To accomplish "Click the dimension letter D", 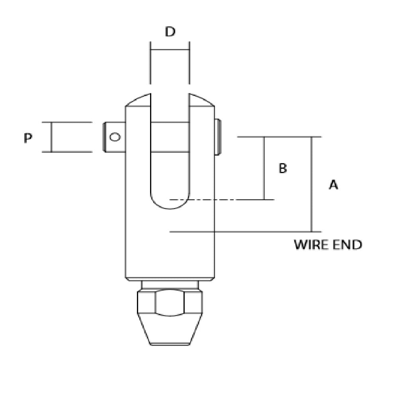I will coord(170,32).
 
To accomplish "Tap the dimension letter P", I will coord(27,138).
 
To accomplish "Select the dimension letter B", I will coord(283,168).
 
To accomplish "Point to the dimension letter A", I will coord(334,185).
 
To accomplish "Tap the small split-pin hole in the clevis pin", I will coord(115,137).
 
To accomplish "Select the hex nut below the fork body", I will coord(170,302).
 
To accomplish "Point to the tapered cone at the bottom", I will coord(170,330).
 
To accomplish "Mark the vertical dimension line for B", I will coord(264,168).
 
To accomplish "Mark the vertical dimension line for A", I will coord(312,184).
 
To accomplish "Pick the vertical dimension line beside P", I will coord(51,137).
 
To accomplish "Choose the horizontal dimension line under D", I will coord(170,50).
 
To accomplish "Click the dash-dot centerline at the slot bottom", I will coord(223,199).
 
